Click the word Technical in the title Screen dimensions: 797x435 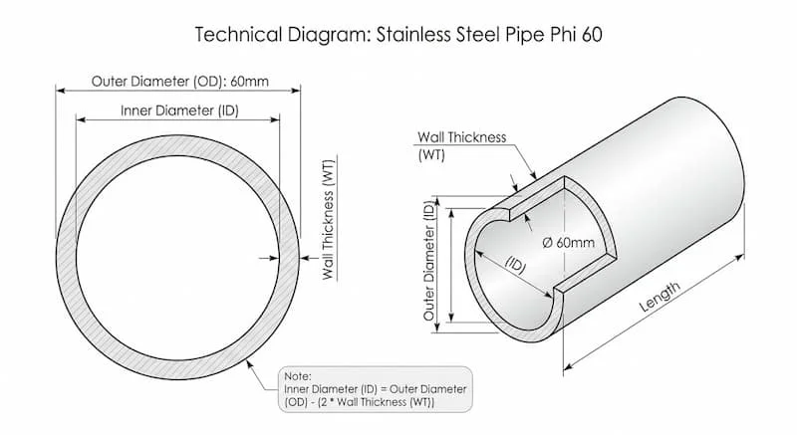[238, 35]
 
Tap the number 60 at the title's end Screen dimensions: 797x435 [592, 35]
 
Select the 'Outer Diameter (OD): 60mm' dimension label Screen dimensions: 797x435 [180, 82]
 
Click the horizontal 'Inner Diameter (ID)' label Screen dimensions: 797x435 [179, 110]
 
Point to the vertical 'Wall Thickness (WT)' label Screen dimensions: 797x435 [329, 220]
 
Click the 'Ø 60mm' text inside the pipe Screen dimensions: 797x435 [568, 243]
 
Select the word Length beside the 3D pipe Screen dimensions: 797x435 [660, 297]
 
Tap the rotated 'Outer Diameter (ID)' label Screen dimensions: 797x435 [429, 261]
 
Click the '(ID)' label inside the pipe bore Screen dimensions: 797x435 [516, 265]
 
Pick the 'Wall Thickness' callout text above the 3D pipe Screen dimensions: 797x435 [461, 137]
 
